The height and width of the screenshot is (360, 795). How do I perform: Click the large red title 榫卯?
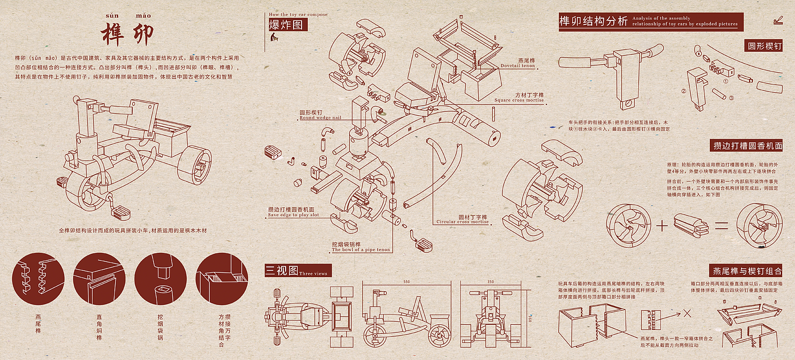point(127,34)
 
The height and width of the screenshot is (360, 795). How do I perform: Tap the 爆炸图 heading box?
point(288,25)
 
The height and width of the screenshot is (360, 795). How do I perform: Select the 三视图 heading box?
point(281,270)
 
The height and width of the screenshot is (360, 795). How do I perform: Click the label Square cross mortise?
point(518,98)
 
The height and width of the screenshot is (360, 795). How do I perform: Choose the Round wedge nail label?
point(320,115)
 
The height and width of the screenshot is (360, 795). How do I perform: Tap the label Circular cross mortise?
point(462,219)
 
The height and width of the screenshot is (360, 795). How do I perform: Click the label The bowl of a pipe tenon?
point(361,247)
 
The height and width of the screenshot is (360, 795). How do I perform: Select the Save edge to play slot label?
point(293,212)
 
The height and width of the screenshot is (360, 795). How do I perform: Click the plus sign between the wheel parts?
point(662,225)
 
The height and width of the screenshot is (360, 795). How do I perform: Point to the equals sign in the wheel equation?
point(721,225)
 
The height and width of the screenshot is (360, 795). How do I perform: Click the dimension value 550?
point(407,282)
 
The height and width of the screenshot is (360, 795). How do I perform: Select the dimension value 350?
point(491,282)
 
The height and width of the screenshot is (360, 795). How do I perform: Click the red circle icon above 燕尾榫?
point(39,278)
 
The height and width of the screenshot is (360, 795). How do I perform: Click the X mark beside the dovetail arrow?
point(687,313)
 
